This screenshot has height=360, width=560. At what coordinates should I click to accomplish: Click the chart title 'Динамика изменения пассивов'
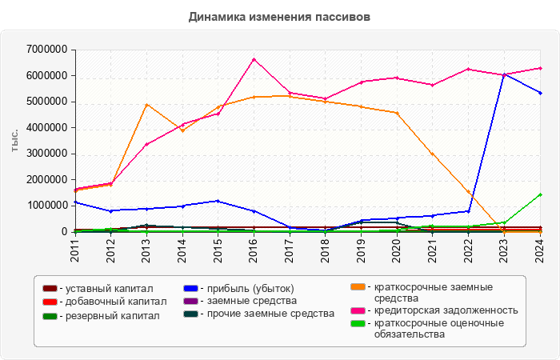click(280, 16)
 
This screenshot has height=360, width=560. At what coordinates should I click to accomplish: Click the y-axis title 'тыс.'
click(15, 140)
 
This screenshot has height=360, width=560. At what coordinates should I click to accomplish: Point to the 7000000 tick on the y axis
click(45, 50)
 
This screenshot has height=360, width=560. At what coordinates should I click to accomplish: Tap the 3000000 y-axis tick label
click(45, 154)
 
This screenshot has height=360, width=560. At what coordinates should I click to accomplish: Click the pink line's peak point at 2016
click(254, 59)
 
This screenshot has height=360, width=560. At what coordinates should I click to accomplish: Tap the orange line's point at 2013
click(146, 105)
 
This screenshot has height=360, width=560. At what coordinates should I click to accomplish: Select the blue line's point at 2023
click(504, 74)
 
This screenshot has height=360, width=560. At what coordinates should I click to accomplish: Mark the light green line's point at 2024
click(540, 194)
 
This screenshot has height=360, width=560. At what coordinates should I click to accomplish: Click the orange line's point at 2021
click(433, 154)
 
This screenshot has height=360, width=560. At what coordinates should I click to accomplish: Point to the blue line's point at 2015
click(218, 201)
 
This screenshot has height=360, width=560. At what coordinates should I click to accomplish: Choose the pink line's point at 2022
click(469, 69)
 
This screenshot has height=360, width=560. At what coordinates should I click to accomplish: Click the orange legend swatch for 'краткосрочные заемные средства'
click(358, 287)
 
